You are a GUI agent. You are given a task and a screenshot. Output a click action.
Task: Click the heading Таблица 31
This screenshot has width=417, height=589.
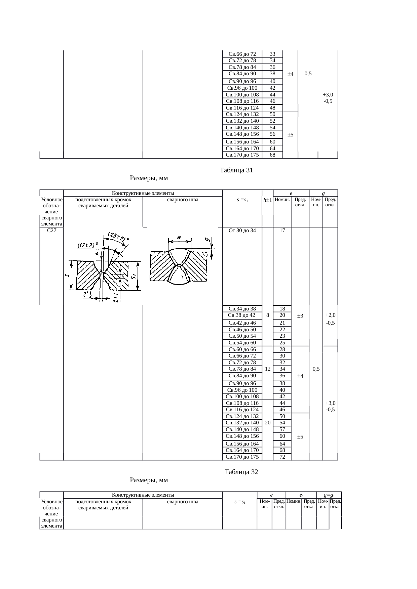[x=236, y=170]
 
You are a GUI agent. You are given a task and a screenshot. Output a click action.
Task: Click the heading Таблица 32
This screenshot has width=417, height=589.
[x=241, y=472]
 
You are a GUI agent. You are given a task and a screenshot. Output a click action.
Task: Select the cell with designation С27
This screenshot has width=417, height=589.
[x=51, y=230]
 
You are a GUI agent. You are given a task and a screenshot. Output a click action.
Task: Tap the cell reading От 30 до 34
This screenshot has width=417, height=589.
[x=242, y=230]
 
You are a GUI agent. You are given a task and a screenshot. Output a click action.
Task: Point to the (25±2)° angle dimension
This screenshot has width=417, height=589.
[x=118, y=237]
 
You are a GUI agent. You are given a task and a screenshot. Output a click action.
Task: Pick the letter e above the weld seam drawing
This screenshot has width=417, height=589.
[x=179, y=237]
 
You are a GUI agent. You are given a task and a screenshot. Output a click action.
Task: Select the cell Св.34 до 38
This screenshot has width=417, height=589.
[x=242, y=309]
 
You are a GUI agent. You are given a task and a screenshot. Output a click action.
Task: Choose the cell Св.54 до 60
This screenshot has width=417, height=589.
[x=242, y=343]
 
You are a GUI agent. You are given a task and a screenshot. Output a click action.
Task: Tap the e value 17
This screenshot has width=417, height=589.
[x=282, y=230]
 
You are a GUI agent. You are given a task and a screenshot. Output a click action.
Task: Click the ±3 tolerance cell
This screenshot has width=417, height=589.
[x=300, y=316]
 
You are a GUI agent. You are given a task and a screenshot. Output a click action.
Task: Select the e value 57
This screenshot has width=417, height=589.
[x=282, y=429]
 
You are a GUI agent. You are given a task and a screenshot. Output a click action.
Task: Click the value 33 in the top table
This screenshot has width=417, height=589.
[x=273, y=54]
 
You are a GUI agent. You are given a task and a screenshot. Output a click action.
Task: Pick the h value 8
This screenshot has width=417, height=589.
[x=267, y=315]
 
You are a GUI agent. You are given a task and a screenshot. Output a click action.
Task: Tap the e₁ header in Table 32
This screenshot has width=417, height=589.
[x=302, y=495]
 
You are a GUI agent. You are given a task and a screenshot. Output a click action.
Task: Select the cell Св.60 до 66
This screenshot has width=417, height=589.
[x=242, y=349]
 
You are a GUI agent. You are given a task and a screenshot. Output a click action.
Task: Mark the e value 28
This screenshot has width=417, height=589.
[x=282, y=349]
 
